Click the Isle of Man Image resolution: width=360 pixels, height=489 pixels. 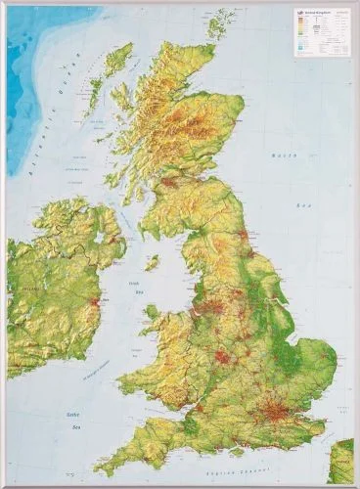pyautogui.click(x=152, y=263)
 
